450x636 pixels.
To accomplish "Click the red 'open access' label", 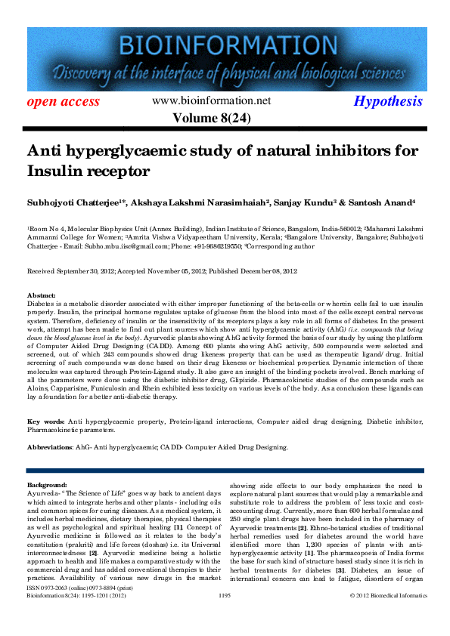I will [64, 101].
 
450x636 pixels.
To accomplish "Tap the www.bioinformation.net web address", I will [211, 100].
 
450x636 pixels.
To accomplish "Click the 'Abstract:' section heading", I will [42, 295].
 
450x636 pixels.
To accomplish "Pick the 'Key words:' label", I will [45, 420].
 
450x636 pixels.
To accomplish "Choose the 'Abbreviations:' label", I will [49, 447].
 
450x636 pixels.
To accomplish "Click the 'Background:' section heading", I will [47, 483].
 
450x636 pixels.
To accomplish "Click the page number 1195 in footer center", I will [224, 617].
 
